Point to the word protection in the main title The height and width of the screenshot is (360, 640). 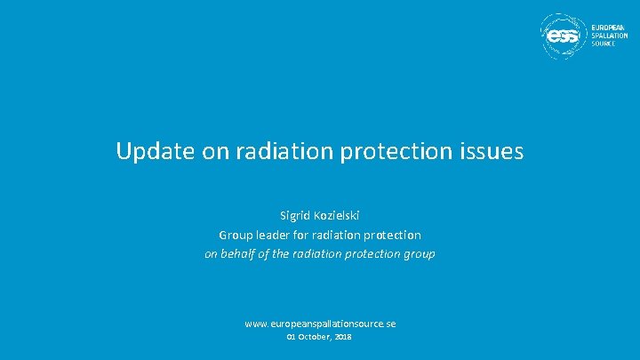394,152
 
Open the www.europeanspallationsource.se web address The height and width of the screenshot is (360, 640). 320,324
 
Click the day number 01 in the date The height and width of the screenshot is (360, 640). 291,338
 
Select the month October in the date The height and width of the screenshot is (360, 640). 315,338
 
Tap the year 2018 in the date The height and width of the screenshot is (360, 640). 343,338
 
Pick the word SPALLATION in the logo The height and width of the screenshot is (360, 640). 611,36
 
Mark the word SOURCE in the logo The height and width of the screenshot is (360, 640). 604,44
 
